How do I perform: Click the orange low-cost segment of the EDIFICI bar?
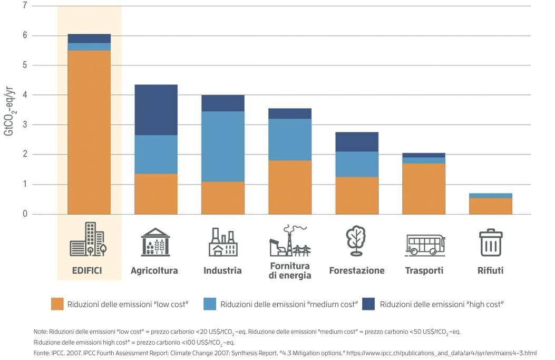tap(89, 132)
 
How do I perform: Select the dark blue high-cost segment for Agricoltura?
tap(156, 110)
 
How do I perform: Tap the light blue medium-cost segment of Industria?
tap(223, 147)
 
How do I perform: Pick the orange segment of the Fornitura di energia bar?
tap(290, 187)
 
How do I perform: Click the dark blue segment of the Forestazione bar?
tap(357, 142)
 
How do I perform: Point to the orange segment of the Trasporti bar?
tap(424, 189)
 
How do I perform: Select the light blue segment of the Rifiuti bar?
tap(491, 196)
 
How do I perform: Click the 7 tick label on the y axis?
tap(24, 6)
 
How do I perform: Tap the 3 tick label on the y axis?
tap(24, 125)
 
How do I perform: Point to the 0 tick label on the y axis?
tap(24, 214)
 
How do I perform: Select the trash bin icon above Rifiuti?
tap(491, 242)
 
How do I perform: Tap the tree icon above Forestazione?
tap(356, 240)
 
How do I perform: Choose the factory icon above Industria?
tap(223, 242)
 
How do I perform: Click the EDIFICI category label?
tap(87, 270)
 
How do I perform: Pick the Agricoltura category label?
tap(154, 270)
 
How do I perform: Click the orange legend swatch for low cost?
tap(57, 304)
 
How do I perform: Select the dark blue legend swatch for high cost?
tap(368, 304)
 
